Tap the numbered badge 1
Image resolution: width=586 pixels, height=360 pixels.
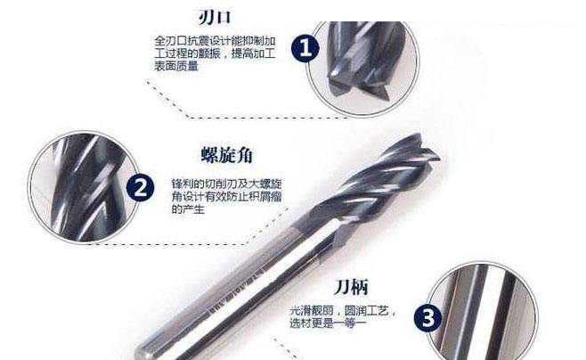click(305, 49)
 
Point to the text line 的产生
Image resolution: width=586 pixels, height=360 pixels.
click(188, 209)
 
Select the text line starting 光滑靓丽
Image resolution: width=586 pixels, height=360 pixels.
click(342, 312)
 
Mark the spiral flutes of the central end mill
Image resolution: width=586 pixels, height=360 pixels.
click(374, 183)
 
